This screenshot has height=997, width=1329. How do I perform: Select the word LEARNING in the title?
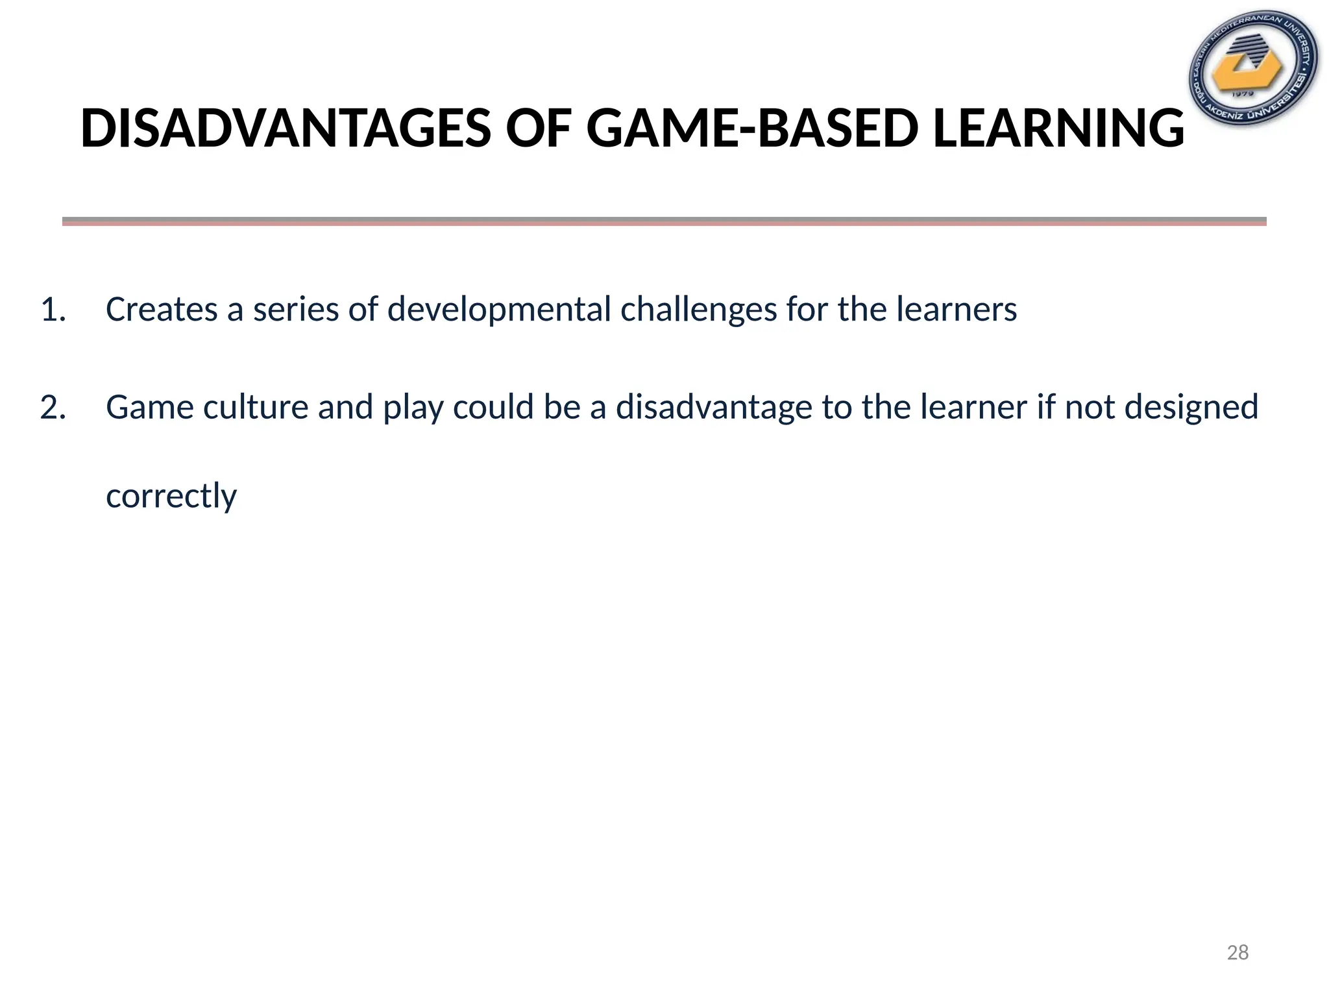(1058, 129)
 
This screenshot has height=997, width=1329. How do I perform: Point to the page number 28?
(1238, 952)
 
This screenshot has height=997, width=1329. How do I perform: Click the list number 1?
(53, 310)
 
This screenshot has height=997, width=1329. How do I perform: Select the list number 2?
(53, 408)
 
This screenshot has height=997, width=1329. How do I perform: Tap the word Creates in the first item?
(162, 310)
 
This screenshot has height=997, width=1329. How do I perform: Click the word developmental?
(500, 310)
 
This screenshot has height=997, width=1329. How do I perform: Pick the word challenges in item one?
(698, 310)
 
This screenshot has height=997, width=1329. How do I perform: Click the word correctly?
(171, 497)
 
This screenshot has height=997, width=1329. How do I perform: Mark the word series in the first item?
(296, 310)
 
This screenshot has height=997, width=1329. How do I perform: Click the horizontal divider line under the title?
(664, 221)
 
